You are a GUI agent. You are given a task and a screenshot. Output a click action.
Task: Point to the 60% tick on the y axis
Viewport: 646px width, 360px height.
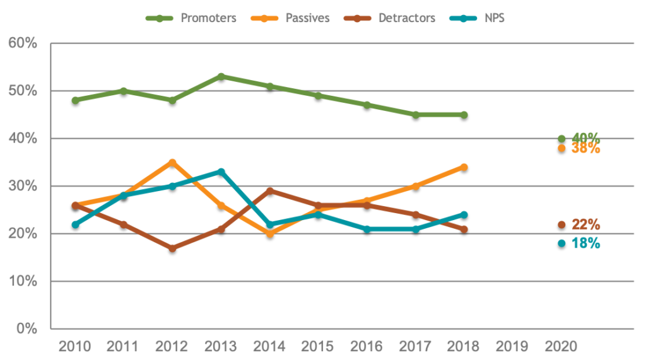pos(23,43)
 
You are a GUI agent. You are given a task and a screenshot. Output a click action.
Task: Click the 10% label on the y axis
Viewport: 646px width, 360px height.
pos(23,281)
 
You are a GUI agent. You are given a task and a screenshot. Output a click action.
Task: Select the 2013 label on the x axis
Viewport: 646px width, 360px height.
pos(221,347)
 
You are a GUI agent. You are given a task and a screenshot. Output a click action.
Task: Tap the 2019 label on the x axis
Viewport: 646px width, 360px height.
pos(513,347)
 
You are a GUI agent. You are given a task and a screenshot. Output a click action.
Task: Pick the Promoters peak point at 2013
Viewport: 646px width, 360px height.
pos(221,76)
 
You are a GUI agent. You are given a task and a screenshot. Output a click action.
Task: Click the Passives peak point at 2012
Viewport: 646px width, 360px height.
pos(172,162)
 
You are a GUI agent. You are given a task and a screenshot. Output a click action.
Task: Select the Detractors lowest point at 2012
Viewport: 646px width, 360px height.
pos(172,248)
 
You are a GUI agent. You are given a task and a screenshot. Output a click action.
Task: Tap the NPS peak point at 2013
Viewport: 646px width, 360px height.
pos(221,171)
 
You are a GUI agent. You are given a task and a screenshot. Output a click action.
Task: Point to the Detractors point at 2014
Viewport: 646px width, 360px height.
pos(270,190)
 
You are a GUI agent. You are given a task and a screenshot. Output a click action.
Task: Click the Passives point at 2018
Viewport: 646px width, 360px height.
pos(464,166)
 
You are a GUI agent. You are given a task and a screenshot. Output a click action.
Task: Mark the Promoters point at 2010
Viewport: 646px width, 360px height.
pos(75,100)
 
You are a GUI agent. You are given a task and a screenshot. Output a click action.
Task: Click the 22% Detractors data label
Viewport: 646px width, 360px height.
pos(585,224)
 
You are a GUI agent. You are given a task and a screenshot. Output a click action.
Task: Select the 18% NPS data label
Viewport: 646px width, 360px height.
pos(585,243)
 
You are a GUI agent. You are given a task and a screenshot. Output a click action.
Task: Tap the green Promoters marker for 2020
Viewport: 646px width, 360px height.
pos(561,139)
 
